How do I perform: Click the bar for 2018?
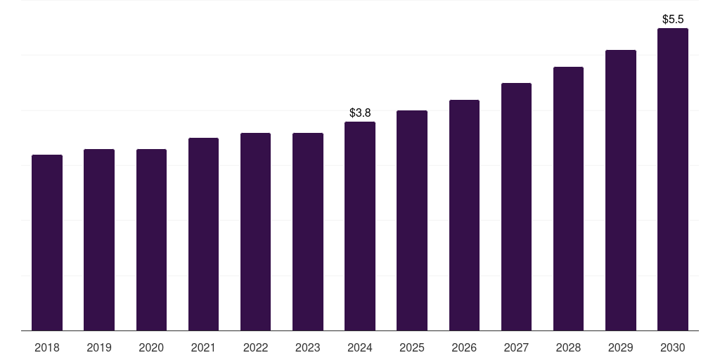[47, 243]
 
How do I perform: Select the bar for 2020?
[151, 240]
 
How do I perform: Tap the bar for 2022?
[255, 232]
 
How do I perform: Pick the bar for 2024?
[360, 226]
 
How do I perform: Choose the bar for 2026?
[464, 215]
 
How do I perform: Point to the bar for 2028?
[568, 199]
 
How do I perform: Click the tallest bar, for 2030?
[672, 179]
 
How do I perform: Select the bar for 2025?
[412, 221]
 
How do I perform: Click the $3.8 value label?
[360, 112]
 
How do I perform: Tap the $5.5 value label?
[673, 19]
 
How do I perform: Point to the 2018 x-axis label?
[47, 347]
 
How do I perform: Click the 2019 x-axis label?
[99, 347]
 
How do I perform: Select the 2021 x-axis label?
[203, 347]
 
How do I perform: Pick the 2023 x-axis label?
[308, 347]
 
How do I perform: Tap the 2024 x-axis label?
[360, 347]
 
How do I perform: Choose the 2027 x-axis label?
[516, 347]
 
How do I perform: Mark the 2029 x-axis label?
[620, 347]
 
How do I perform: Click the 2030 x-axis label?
[672, 347]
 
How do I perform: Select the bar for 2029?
[620, 191]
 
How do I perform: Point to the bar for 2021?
[203, 234]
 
